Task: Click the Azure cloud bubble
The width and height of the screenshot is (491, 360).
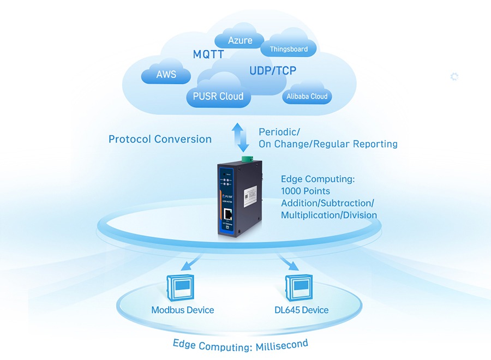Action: tap(240, 40)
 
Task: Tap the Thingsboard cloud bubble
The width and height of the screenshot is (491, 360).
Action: tap(289, 49)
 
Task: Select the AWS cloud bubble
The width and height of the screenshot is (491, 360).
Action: tap(166, 75)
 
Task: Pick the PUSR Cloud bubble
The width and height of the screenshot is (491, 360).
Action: tap(218, 96)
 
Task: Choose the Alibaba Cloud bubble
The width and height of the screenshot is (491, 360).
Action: tap(307, 97)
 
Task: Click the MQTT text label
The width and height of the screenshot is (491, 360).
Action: tap(208, 55)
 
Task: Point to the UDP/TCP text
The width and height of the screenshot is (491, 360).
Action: tap(273, 71)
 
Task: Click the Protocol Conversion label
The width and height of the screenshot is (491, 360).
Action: tap(160, 139)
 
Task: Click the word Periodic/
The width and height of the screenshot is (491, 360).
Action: tap(279, 132)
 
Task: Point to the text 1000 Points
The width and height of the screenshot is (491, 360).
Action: tap(305, 191)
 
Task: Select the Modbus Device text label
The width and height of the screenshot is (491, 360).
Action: tap(182, 310)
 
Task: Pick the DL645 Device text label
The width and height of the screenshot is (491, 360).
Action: tap(301, 310)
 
